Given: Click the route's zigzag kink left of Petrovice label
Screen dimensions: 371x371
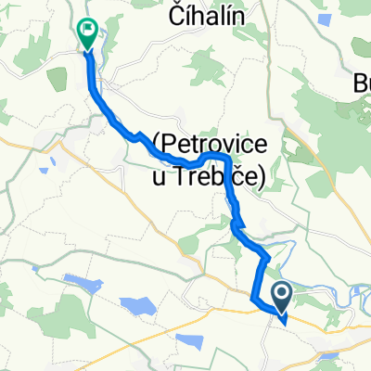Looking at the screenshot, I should click(x=139, y=137).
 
